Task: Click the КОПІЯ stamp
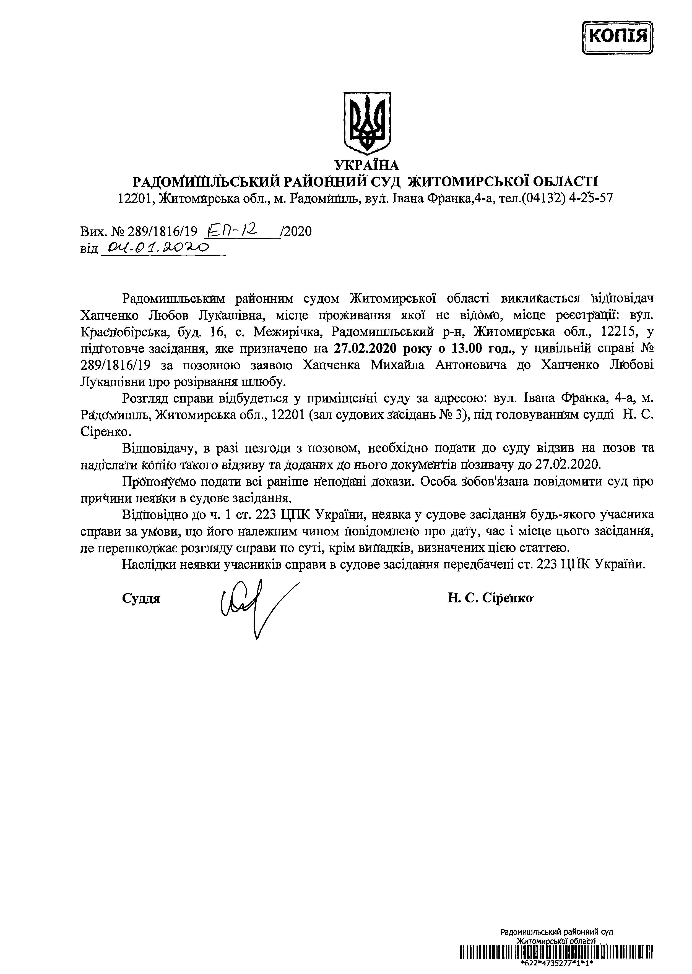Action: click(x=617, y=38)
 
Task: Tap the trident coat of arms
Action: click(x=366, y=122)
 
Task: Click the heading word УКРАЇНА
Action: click(x=366, y=165)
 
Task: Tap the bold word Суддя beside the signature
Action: click(x=141, y=598)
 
